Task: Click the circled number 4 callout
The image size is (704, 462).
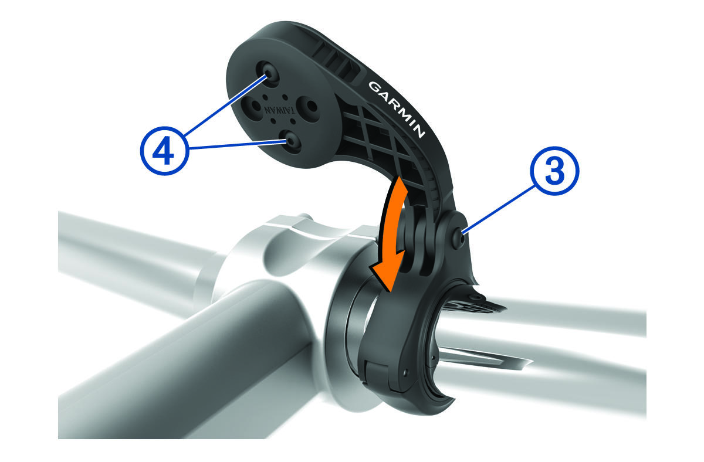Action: click(x=165, y=151)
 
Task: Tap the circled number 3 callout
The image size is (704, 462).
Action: click(x=554, y=171)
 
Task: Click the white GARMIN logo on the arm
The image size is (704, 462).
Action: click(x=397, y=110)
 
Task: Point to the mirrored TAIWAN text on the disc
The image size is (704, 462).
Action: click(x=279, y=111)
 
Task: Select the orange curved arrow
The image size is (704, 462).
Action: click(x=390, y=232)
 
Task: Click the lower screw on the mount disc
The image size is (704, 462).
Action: click(x=290, y=141)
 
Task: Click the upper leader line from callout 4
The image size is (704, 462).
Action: click(x=226, y=105)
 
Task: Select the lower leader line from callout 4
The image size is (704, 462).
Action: click(x=238, y=145)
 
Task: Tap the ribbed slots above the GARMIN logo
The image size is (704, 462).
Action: click(x=336, y=63)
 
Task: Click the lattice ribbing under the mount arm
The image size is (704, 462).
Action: click(x=382, y=138)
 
